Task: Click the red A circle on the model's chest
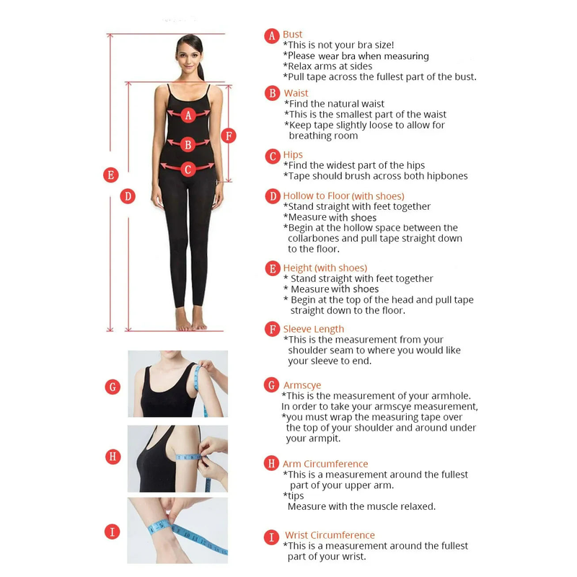(x=188, y=115)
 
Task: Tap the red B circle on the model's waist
(x=188, y=145)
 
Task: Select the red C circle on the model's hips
(x=188, y=169)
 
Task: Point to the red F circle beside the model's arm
(x=229, y=136)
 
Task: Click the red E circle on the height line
(x=111, y=175)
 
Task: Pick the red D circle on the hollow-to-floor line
(x=128, y=196)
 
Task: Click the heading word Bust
(x=292, y=34)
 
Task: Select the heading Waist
(x=296, y=93)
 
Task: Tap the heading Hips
(x=293, y=155)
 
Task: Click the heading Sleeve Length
(x=314, y=329)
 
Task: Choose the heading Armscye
(x=302, y=385)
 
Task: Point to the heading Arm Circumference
(x=325, y=464)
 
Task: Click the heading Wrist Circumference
(x=330, y=535)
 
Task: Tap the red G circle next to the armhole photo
(x=113, y=387)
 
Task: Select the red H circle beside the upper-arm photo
(x=113, y=457)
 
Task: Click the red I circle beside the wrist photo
(x=113, y=532)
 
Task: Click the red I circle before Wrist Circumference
(x=272, y=537)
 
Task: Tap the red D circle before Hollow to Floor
(x=273, y=196)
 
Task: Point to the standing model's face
(x=190, y=58)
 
